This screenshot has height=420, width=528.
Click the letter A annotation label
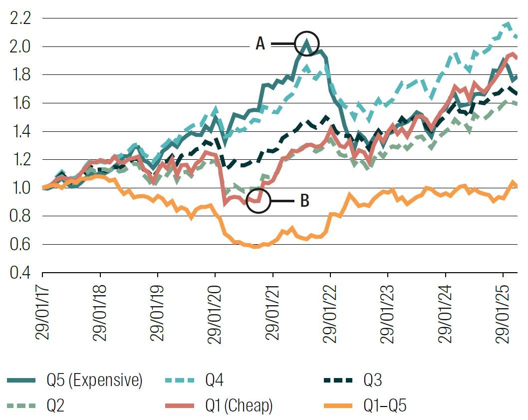pyautogui.click(x=261, y=44)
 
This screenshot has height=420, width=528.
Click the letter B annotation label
pyautogui.click(x=304, y=201)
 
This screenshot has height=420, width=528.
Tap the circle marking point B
pyautogui.click(x=259, y=201)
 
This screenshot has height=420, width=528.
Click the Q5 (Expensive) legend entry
pyautogui.click(x=75, y=381)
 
